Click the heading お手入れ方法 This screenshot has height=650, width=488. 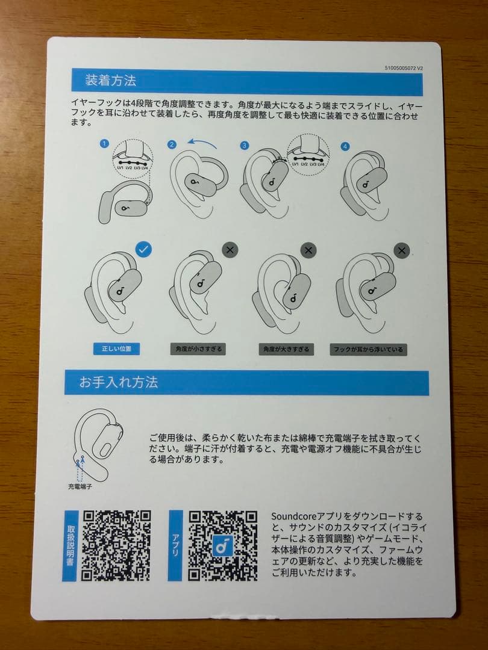119,382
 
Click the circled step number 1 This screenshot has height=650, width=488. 105,144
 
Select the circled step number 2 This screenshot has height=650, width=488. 172,144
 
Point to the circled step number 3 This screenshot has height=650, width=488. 244,145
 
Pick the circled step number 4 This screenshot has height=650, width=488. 345,146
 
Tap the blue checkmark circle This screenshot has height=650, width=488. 143,249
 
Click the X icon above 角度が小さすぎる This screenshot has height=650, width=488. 230,250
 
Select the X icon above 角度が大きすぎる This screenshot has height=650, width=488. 308,250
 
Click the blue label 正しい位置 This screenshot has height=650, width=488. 116,348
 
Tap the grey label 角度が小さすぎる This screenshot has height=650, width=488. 198,349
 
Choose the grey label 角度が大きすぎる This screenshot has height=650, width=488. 286,349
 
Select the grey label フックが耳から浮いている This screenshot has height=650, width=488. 368,349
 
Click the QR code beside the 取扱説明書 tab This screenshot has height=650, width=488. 116,545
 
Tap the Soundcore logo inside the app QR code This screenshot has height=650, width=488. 223,545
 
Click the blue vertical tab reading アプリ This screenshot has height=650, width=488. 175,545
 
